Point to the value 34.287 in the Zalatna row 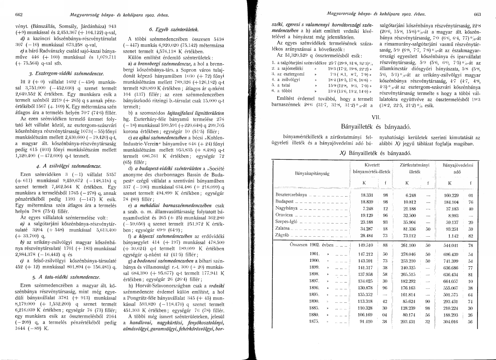[x=368, y=229]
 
